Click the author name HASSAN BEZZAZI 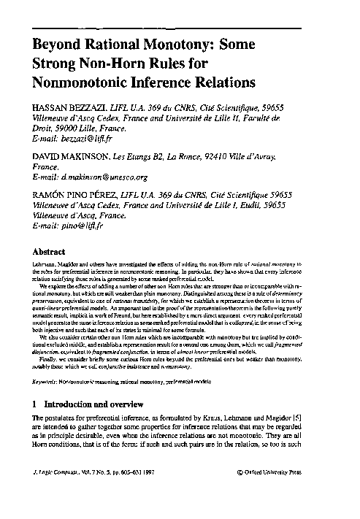coord(66,108)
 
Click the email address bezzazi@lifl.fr coord(91,137)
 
